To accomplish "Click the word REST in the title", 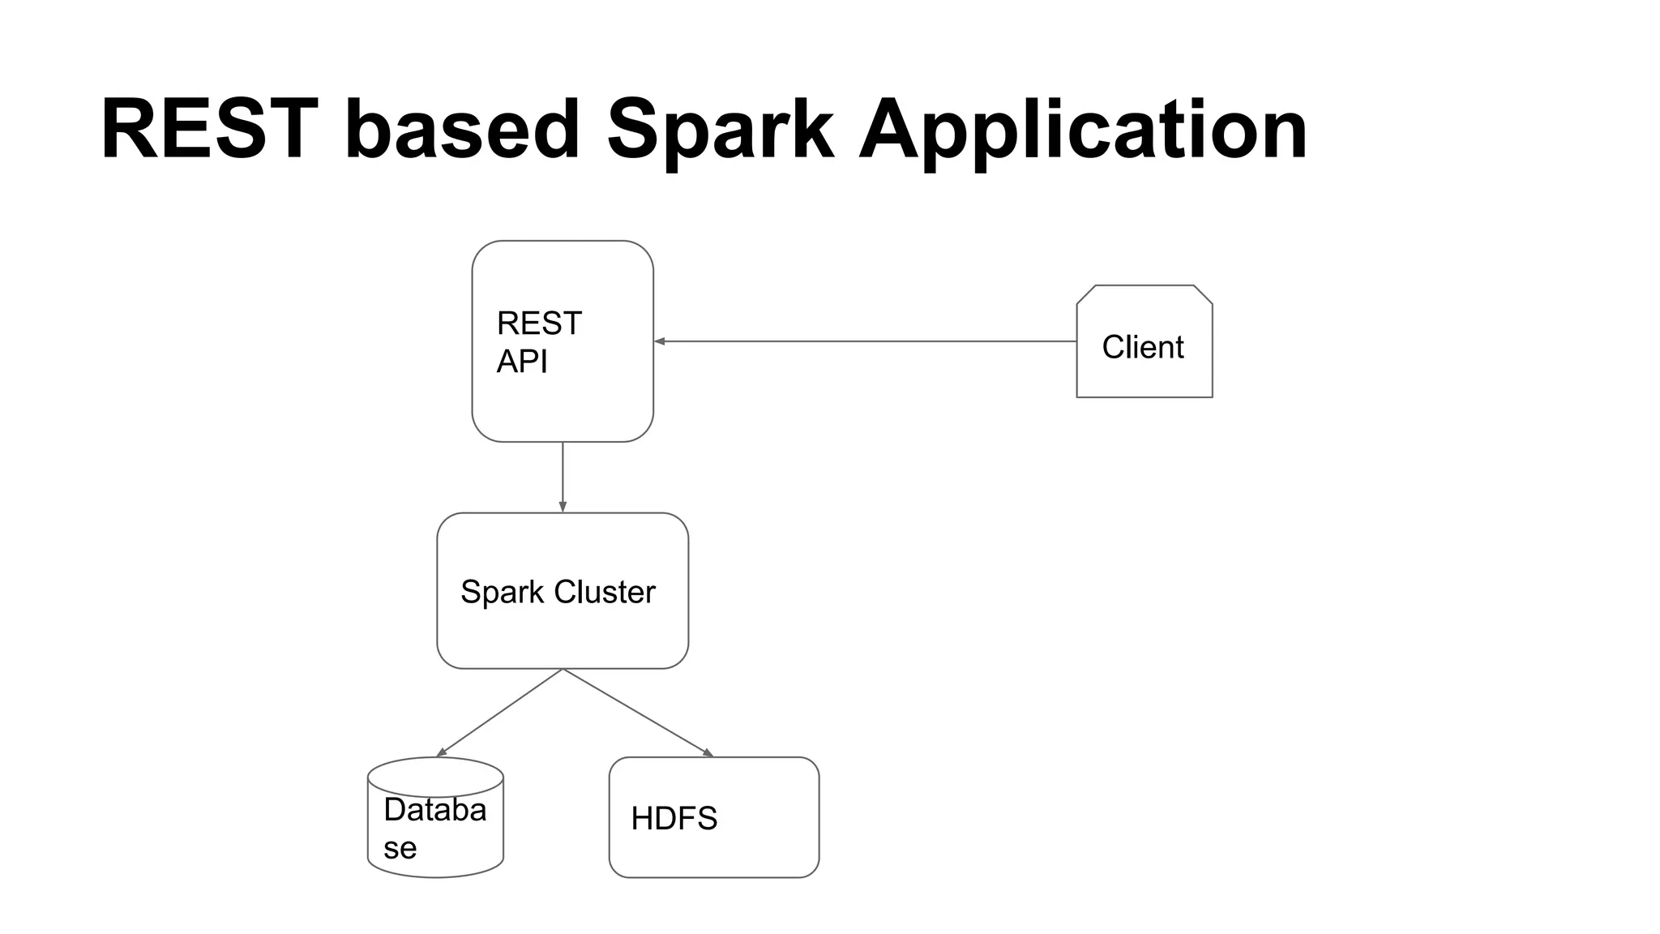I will pos(208,130).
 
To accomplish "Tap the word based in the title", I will pos(463,130).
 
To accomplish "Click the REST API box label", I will pos(539,341).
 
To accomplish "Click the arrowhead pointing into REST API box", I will pos(660,341).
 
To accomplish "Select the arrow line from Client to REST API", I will pos(867,341).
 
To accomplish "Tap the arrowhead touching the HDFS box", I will pos(708,753).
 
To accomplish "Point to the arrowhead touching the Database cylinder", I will pos(442,752).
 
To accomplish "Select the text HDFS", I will pos(674,818).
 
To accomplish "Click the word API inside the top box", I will pos(521,361).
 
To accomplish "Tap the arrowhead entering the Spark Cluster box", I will pos(563,507).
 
